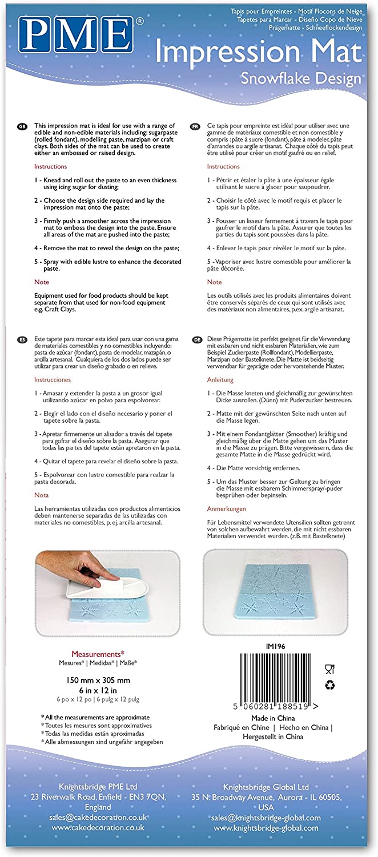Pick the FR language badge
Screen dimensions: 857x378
coord(195,126)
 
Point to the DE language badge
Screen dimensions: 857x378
coord(195,339)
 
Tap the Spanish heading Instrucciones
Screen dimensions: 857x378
coord(53,379)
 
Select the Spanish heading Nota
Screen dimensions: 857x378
coord(42,495)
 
